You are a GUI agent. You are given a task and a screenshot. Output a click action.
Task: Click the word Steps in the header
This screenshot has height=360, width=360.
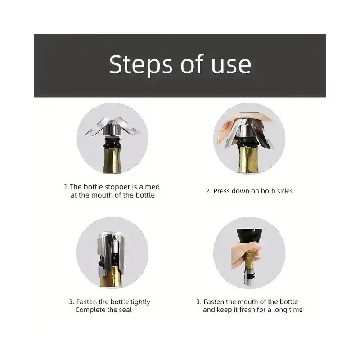[140, 65]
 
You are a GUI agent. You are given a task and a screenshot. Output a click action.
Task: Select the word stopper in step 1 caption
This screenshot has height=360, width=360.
[117, 187]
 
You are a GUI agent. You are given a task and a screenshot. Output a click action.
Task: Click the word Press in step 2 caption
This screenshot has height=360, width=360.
[221, 191]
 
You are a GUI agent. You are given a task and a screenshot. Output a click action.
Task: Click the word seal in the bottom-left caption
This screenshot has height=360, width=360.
[126, 310]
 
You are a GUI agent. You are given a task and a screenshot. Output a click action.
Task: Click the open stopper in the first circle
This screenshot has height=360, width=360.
[112, 128]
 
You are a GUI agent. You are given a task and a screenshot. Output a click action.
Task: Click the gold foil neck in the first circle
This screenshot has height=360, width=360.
[112, 161]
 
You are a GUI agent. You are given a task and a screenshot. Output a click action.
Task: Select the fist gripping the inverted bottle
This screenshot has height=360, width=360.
[245, 254]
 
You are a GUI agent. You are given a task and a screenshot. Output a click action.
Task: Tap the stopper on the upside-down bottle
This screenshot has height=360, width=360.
[250, 278]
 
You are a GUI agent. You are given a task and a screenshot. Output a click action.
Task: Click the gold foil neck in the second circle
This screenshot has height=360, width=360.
[249, 160]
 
